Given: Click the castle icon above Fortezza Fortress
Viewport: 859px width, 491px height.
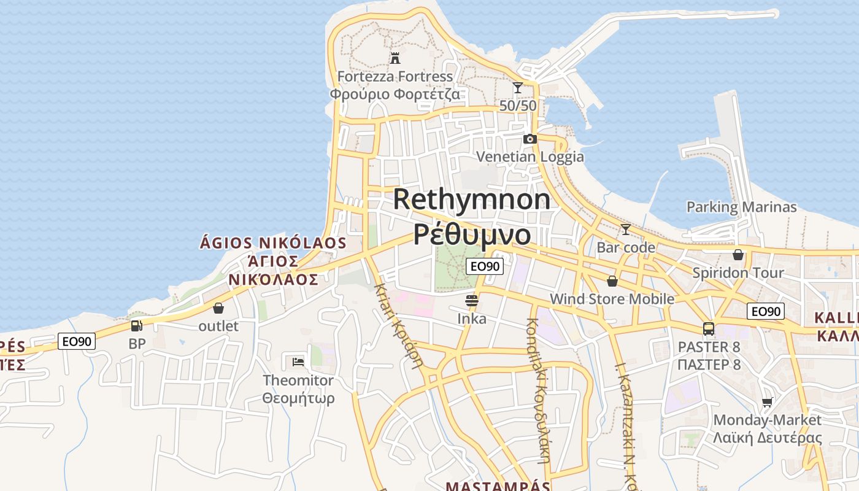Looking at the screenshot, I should point(395,58).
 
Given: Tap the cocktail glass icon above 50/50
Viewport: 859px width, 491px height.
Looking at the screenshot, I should point(518,88).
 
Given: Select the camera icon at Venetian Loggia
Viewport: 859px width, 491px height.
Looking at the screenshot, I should point(530,139).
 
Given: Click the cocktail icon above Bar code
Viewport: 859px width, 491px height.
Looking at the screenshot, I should point(625,230).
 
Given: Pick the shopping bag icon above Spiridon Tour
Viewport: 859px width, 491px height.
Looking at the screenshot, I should point(738,254).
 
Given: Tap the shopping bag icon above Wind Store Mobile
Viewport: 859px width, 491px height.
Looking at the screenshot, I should point(612,281).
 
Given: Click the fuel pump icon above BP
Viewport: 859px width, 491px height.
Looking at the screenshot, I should point(137,325).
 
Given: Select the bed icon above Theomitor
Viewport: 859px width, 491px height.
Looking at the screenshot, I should point(298,361).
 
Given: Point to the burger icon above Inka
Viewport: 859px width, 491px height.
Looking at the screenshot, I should point(472,301).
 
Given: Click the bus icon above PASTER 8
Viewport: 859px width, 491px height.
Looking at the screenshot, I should point(709,329).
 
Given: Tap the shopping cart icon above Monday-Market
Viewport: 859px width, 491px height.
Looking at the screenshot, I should point(767,402).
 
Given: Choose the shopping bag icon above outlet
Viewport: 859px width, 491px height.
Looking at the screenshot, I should point(218,308).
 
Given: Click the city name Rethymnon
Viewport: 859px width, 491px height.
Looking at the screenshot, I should point(472,199).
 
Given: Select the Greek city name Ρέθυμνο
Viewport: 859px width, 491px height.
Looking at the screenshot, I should point(472,234).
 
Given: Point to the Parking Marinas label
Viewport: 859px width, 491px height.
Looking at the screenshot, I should point(741,207).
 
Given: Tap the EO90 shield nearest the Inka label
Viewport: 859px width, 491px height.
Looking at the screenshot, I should point(485,266).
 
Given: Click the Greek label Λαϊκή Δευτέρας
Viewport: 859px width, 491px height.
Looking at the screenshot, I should point(767,438).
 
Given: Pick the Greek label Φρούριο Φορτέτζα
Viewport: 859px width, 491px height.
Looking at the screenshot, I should point(395,95).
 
